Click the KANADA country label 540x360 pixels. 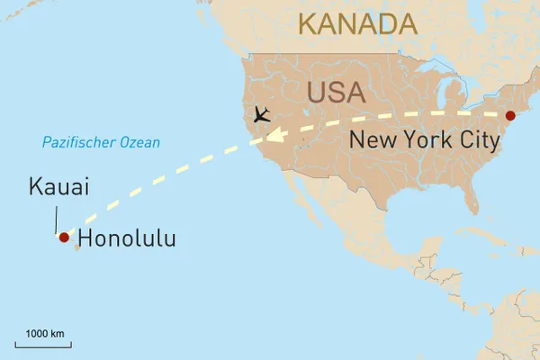pyautogui.click(x=358, y=24)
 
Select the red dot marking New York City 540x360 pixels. pyautogui.click(x=509, y=116)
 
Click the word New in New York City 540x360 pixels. pyautogui.click(x=370, y=139)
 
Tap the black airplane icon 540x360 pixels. pyautogui.click(x=262, y=114)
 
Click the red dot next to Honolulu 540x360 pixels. pyautogui.click(x=63, y=238)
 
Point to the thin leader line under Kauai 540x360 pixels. pyautogui.click(x=57, y=219)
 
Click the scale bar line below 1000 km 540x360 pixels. pyautogui.click(x=43, y=344)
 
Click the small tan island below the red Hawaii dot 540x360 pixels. pyautogui.click(x=77, y=247)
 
